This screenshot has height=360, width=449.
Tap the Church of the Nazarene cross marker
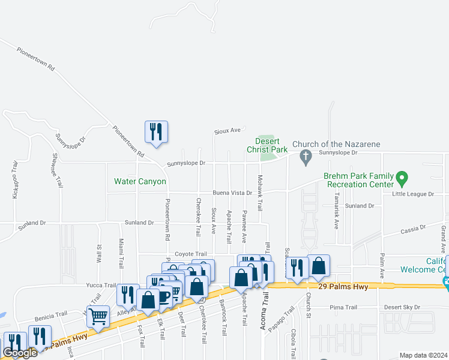pyautogui.click(x=306, y=158)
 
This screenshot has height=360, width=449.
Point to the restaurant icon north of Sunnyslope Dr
pyautogui.click(x=156, y=131)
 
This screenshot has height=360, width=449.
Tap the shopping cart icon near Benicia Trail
pyautogui.click(x=98, y=316)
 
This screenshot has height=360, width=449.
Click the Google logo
pyautogui.click(x=20, y=353)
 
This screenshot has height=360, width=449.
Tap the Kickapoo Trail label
pyautogui.click(x=15, y=179)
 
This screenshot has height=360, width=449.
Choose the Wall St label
pyautogui.click(x=98, y=254)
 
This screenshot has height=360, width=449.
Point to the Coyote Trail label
pyautogui.click(x=190, y=254)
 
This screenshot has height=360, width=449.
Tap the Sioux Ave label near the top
pyautogui.click(x=228, y=130)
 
